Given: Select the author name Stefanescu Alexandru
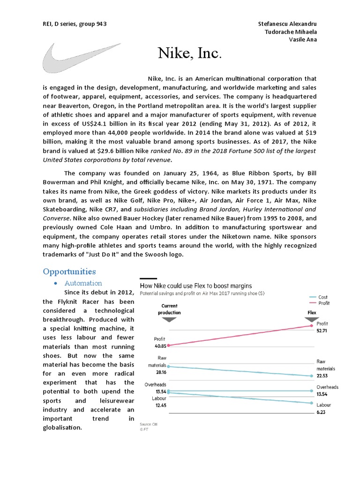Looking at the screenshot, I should pyautogui.click(x=287, y=23).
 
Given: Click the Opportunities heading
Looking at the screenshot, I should pyautogui.click(x=69, y=271).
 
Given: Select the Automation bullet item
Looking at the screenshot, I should pyautogui.click(x=83, y=283).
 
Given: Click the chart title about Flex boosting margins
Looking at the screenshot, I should pyautogui.click(x=196, y=285).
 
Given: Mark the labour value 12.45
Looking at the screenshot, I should pyautogui.click(x=160, y=405).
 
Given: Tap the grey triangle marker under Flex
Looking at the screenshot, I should pyautogui.click(x=312, y=319).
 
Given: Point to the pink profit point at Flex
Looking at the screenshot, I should pyautogui.click(x=311, y=326).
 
